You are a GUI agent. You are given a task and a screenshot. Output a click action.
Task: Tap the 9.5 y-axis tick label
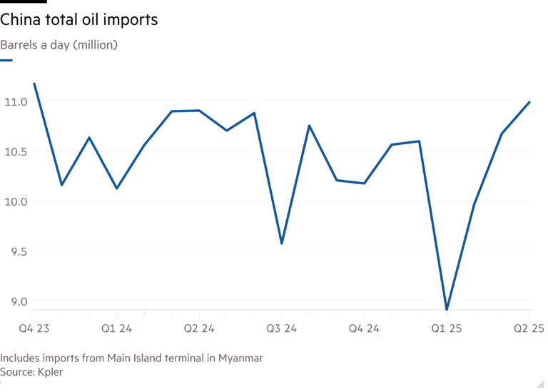tap(14, 252)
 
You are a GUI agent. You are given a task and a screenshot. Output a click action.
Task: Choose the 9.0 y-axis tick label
tap(14, 302)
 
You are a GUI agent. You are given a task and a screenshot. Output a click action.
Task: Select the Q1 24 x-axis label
tap(116, 329)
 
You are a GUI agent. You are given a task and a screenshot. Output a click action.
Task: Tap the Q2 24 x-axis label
tap(199, 329)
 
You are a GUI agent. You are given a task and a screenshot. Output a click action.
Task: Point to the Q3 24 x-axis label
tap(282, 329)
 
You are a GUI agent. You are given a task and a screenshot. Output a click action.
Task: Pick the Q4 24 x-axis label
tap(364, 329)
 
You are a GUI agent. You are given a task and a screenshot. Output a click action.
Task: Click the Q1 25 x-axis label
tap(447, 329)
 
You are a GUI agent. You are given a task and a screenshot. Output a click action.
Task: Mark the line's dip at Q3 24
tap(282, 243)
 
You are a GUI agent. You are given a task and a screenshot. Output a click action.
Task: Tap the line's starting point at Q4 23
tap(34, 83)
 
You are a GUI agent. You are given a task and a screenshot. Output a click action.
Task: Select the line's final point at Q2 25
tap(529, 101)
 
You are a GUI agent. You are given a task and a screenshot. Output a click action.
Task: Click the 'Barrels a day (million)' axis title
tap(59, 45)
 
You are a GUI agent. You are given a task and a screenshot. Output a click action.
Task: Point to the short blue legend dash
tap(6, 61)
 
